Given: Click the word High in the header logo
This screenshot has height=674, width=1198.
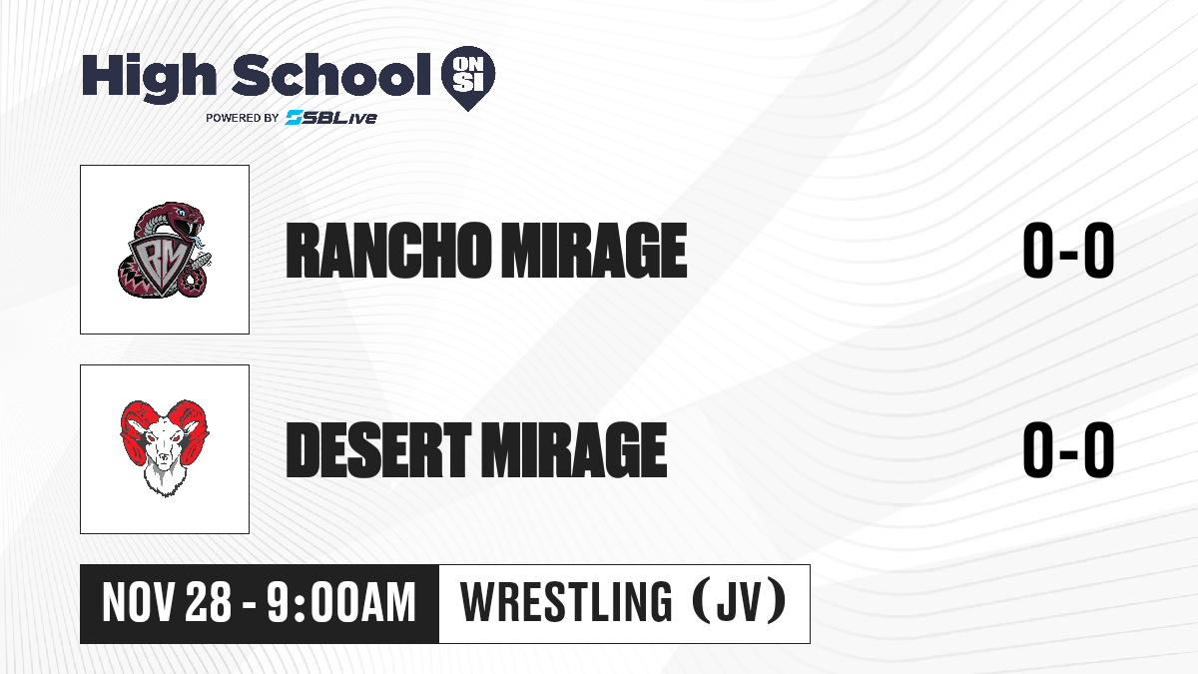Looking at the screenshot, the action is [149, 77].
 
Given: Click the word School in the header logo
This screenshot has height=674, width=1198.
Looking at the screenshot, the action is [331, 75].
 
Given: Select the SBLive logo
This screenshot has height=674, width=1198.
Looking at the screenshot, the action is [331, 117].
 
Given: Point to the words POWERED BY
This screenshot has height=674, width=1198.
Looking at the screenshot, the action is [243, 118].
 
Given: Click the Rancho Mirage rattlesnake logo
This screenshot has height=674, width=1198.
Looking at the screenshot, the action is [165, 250].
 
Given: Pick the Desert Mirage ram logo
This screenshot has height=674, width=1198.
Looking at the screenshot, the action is [165, 447].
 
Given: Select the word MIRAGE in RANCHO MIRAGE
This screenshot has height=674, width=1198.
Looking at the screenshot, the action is [594, 251].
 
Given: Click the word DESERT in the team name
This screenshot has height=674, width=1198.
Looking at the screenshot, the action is [377, 449].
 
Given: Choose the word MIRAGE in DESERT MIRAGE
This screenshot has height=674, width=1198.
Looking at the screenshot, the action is [574, 449].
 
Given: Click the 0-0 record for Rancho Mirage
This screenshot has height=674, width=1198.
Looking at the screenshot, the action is [1068, 251].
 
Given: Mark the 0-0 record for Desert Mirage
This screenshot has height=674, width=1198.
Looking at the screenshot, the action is [1068, 449].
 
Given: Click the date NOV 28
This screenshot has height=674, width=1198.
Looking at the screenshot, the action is [167, 603].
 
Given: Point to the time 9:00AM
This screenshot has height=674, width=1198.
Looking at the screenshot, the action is [341, 603].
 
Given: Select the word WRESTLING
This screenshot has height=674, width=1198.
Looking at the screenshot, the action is [566, 602].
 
